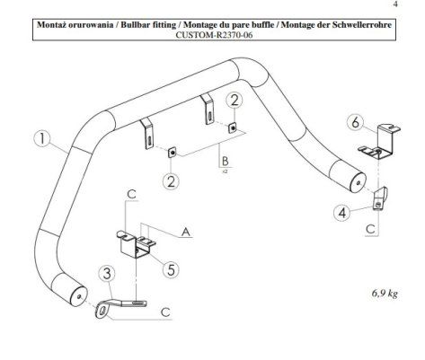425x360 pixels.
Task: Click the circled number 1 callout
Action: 43,140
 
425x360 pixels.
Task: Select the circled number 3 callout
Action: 107,274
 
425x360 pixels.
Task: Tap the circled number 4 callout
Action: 342,213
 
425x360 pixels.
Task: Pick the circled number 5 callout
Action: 171,269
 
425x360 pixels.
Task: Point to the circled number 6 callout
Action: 355,122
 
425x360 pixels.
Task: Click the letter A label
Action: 186,232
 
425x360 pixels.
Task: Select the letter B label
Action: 225,161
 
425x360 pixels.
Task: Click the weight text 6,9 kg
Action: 385,294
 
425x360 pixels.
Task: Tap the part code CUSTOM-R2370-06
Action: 214,35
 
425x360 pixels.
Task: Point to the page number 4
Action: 395,4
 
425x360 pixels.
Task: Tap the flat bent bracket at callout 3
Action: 120,306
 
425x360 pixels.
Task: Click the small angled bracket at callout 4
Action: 380,198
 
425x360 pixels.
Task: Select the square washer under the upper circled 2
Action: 233,128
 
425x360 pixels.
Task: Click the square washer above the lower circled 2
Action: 172,153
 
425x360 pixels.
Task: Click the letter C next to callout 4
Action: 370,230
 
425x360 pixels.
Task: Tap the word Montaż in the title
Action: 52,24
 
